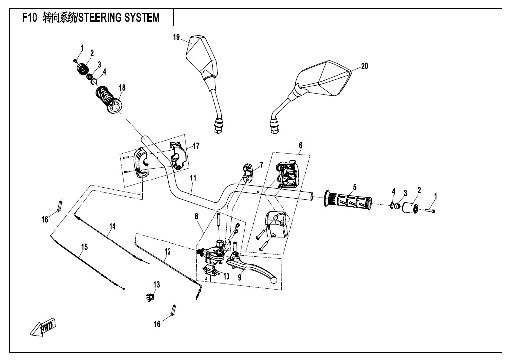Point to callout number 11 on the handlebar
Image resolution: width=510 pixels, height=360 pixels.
pyautogui.click(x=193, y=178)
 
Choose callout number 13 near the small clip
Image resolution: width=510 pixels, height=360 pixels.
pyautogui.click(x=157, y=284)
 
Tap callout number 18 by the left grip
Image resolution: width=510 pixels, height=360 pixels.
pyautogui.click(x=122, y=87)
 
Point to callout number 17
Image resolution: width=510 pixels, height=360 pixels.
pyautogui.click(x=196, y=146)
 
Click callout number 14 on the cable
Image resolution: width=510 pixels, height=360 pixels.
pyautogui.click(x=113, y=226)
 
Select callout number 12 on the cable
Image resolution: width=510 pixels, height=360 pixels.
pyautogui.click(x=168, y=251)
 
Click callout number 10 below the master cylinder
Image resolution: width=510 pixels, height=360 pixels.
pyautogui.click(x=226, y=276)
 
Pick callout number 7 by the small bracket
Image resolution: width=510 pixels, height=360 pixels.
pyautogui.click(x=261, y=164)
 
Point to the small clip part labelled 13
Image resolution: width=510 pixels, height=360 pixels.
pyautogui.click(x=149, y=296)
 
